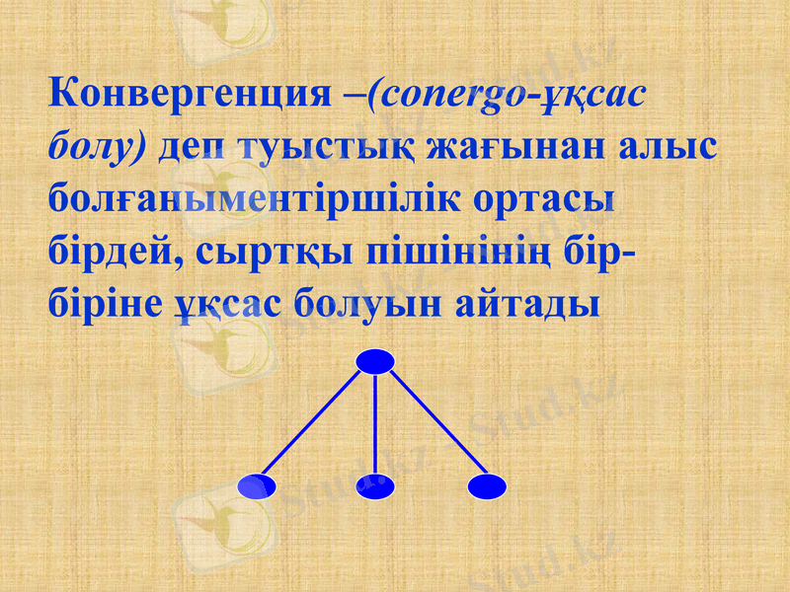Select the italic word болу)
click(97, 146)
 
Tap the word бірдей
click(108, 249)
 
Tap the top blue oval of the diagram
click(375, 361)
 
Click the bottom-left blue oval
click(258, 485)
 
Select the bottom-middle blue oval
click(376, 485)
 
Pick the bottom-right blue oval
click(487, 485)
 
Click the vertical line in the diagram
click(376, 424)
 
